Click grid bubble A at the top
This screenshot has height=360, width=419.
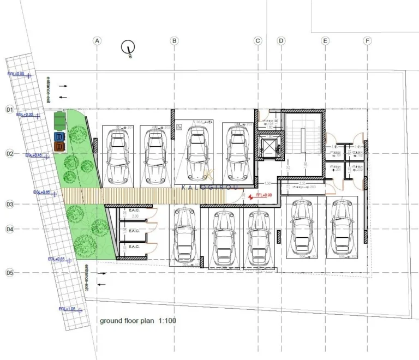97,41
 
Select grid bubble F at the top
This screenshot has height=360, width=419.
367,41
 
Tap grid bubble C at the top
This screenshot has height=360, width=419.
258,41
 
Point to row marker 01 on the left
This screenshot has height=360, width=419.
9,110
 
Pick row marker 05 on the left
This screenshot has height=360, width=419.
9,272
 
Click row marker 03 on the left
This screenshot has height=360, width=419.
9,205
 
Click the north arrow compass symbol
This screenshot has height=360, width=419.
128,48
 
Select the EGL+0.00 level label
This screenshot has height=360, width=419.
16,74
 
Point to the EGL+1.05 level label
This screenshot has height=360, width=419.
68,309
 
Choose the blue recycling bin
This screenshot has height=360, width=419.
59,136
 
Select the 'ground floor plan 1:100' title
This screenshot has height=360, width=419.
137,321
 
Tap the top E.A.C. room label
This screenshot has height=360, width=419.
134,210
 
